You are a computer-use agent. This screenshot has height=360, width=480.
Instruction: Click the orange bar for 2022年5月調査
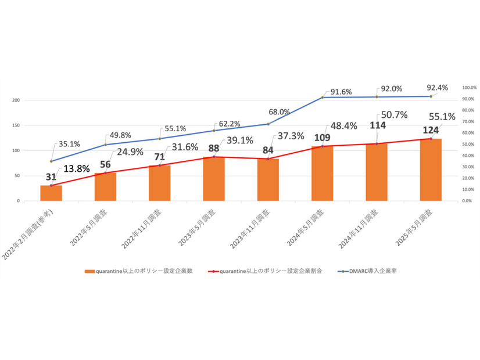point(105,186)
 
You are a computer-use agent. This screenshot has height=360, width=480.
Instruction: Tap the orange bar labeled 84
point(268,179)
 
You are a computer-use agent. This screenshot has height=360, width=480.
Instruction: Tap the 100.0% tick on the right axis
point(469,88)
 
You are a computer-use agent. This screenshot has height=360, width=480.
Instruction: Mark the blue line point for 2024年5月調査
point(323,98)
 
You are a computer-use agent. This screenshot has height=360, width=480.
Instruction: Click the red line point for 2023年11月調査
point(268,159)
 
